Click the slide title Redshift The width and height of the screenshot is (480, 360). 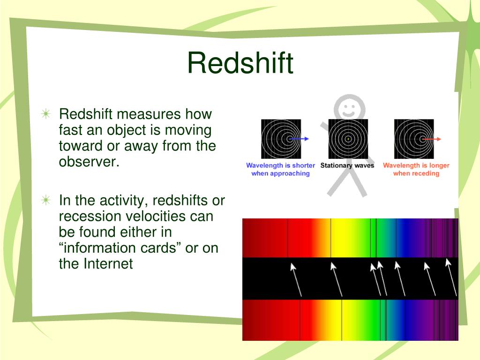240,63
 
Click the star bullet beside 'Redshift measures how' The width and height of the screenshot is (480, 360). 46,114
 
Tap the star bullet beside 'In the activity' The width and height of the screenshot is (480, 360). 46,200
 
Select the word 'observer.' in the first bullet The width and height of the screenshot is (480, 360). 89,162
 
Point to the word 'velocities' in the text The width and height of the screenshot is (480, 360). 156,216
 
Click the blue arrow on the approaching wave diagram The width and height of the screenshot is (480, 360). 299,139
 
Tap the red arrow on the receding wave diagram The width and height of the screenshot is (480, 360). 432,139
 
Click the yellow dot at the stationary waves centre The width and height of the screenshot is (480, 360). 348,139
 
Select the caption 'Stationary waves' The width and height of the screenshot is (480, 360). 347,165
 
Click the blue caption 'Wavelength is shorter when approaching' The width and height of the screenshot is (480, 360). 280,169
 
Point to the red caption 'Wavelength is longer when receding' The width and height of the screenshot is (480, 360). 416,169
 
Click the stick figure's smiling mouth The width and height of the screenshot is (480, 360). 348,114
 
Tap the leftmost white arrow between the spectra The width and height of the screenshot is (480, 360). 296,279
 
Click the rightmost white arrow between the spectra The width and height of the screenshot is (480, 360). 451,277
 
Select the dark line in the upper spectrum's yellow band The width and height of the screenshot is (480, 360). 330,238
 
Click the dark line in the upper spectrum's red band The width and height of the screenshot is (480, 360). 287,238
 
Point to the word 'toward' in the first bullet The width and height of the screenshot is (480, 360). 81,146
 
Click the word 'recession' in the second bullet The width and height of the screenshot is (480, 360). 90,217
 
